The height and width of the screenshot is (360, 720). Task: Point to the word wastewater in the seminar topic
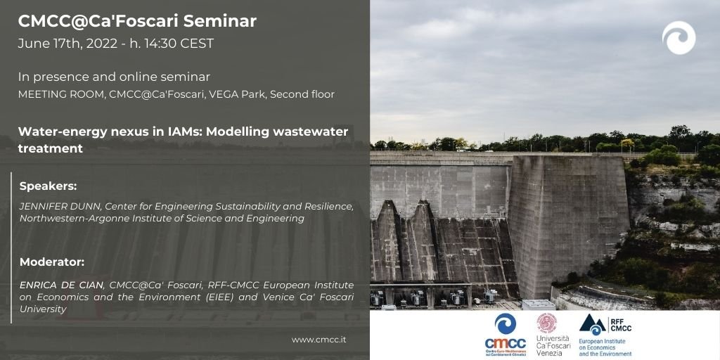[310, 131]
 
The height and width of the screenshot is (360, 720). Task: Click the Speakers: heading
[49, 187]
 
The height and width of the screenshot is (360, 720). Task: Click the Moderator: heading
[52, 262]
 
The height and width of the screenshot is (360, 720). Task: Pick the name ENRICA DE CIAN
[62, 285]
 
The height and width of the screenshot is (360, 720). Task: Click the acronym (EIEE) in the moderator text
[219, 297]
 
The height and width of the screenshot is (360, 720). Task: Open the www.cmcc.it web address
[319, 340]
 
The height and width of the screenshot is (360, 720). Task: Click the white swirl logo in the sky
[679, 38]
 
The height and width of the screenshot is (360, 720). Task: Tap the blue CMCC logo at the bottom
[505, 335]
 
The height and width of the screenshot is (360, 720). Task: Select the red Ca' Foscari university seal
[547, 323]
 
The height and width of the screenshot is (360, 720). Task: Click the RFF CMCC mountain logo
[605, 325]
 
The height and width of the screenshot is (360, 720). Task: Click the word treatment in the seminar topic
[51, 149]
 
